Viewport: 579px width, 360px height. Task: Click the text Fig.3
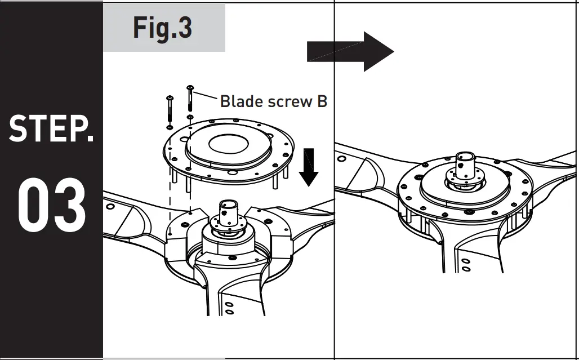tap(163, 28)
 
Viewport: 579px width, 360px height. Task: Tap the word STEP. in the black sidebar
tap(51, 128)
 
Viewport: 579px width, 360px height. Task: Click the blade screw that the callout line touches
tap(190, 99)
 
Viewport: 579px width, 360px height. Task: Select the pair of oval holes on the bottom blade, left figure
tap(229, 307)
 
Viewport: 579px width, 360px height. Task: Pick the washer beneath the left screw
tap(170, 127)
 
